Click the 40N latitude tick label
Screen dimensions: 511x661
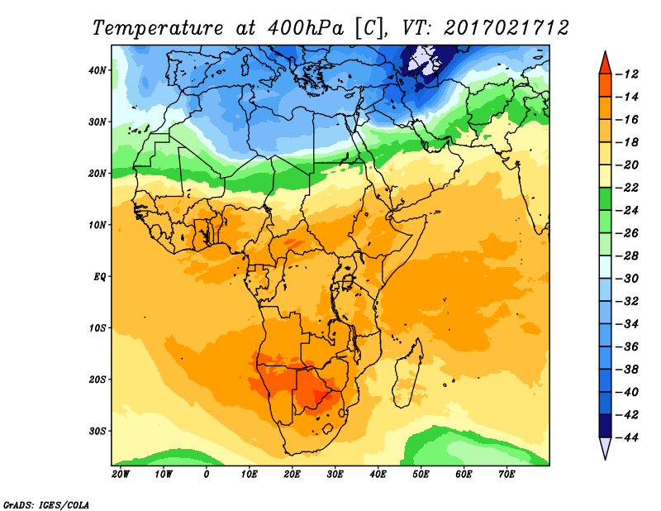pos(98,69)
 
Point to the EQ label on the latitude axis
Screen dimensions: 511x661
pos(100,276)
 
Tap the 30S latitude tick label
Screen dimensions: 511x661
pos(98,431)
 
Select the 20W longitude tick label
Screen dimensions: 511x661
pos(120,475)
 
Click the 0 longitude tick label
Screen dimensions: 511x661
pos(206,475)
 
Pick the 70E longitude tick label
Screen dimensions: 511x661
pos(506,475)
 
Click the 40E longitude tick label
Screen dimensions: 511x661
pos(378,475)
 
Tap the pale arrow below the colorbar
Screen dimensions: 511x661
pos(605,447)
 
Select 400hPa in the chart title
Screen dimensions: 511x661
pos(301,27)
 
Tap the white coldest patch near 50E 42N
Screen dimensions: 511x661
pos(424,58)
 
